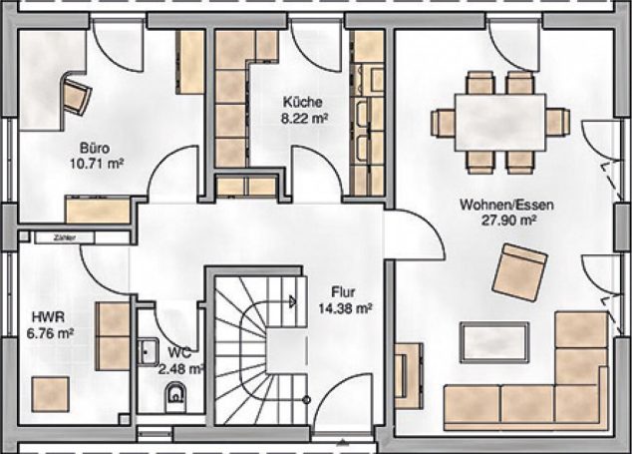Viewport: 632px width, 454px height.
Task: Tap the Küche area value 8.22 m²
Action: tap(305, 118)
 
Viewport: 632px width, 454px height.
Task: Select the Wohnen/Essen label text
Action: tap(506, 205)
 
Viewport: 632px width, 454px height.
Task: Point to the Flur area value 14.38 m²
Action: tap(345, 310)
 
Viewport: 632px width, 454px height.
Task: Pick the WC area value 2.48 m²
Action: tap(181, 369)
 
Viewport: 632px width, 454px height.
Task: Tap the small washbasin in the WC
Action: tap(147, 350)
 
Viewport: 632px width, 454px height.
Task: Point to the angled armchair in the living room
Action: tap(520, 270)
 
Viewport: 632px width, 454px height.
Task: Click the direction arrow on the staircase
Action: tap(290, 298)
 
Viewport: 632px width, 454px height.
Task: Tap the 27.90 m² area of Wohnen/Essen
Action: tap(506, 221)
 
